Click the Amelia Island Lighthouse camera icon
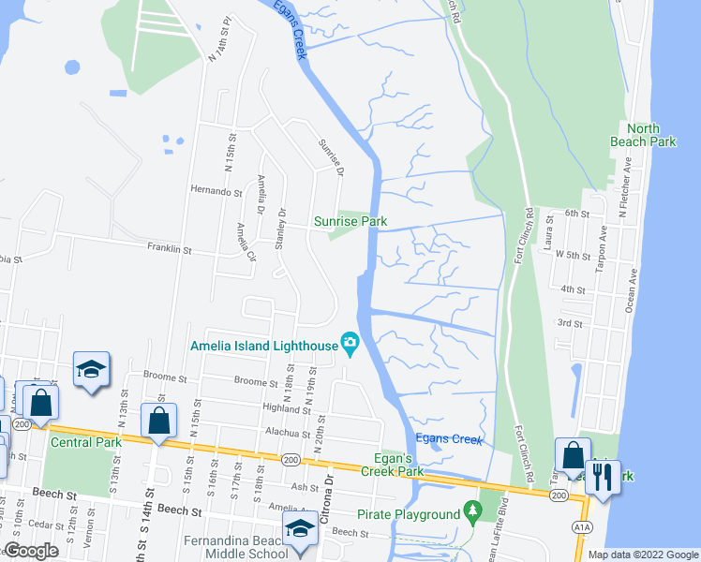[350, 344]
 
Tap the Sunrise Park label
[351, 222]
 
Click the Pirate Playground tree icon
[474, 513]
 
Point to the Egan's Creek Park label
[391, 465]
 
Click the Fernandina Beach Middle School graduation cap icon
[300, 530]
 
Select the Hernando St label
[210, 191]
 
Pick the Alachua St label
[287, 434]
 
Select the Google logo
[31, 552]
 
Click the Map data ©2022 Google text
[642, 555]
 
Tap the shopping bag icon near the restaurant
[572, 455]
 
